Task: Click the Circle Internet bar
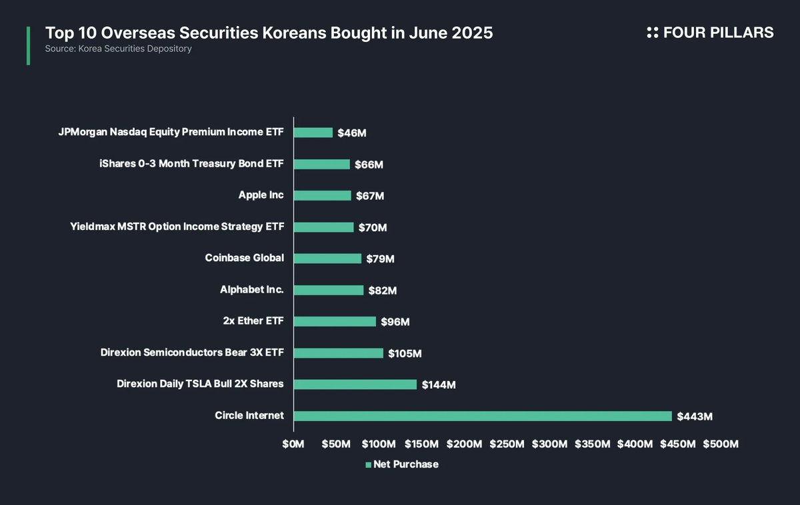pos(483,416)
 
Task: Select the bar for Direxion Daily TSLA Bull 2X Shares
pos(355,384)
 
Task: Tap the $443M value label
pos(695,416)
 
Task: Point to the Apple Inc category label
pos(261,195)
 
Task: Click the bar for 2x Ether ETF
pos(335,321)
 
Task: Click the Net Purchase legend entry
pos(402,464)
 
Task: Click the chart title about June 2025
pos(269,33)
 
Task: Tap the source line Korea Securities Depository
pos(119,49)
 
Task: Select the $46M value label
pos(352,133)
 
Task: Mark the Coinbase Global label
pos(245,258)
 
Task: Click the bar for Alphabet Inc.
pos(329,290)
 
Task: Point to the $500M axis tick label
pos(721,444)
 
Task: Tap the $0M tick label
pos(293,444)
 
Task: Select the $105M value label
pos(405,353)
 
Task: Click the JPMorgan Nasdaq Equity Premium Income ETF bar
pos(313,133)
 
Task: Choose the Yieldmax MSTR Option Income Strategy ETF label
pos(177,227)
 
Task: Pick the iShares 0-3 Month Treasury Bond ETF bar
pos(322,164)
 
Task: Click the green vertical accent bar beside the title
pos(28,45)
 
